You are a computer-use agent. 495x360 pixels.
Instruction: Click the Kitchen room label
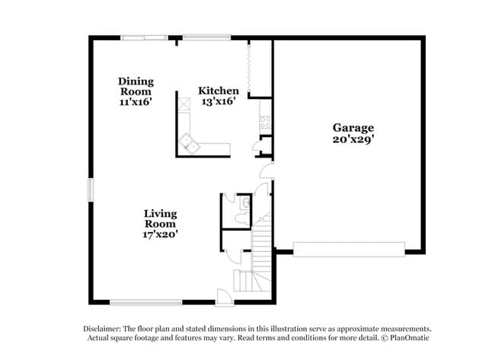click(219, 91)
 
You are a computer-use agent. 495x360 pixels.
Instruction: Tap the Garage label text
click(353, 128)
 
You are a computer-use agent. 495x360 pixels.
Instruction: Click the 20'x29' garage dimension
click(353, 139)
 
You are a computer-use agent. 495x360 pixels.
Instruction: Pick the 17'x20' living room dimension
click(160, 234)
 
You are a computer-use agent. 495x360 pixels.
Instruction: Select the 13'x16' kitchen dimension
click(219, 102)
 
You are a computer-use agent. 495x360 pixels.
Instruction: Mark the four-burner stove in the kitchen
click(265, 119)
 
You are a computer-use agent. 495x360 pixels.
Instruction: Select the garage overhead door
click(349, 249)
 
